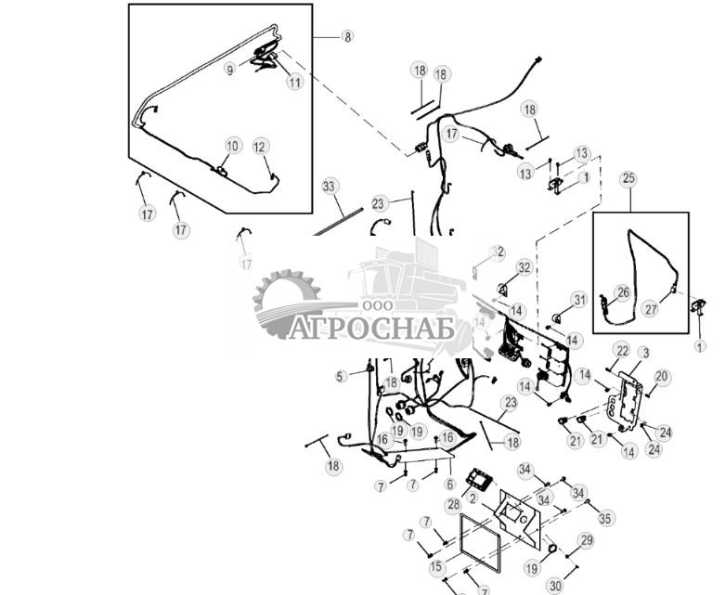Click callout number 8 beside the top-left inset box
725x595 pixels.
click(347, 37)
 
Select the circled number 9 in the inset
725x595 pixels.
click(230, 69)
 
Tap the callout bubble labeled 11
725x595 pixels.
click(294, 82)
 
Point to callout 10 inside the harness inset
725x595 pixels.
click(232, 146)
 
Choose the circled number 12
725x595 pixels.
click(260, 146)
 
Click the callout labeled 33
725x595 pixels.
click(329, 186)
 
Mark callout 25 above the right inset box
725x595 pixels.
click(629, 177)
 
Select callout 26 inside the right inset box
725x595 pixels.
click(623, 291)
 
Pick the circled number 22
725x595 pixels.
click(622, 350)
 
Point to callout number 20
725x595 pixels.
click(661, 376)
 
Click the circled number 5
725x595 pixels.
click(341, 376)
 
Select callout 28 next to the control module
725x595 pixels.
click(453, 504)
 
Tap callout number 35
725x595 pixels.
click(605, 518)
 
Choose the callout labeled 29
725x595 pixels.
click(586, 540)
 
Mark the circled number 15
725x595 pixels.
click(437, 566)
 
